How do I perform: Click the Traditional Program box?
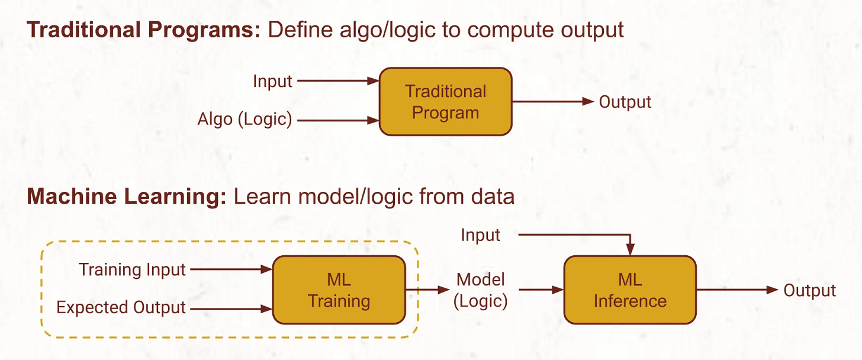tap(445, 102)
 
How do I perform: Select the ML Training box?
tap(339, 290)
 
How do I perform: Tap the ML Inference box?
tap(630, 290)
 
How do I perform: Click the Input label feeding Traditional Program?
tap(272, 81)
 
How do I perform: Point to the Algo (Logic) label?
tap(245, 120)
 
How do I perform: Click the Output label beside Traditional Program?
tap(625, 102)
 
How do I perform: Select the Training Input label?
tap(133, 270)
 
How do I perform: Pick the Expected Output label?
tap(121, 308)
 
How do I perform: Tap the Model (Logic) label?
tap(480, 290)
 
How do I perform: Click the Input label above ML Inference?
tap(480, 235)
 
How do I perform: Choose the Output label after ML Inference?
tap(809, 290)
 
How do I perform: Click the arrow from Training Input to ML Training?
tap(231, 269)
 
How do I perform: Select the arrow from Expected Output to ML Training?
tap(231, 308)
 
